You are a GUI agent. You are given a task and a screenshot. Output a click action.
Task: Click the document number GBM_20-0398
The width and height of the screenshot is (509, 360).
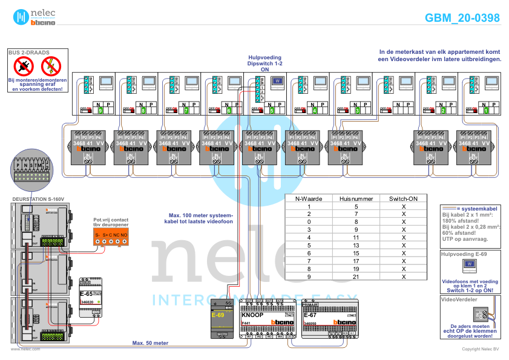(462, 18)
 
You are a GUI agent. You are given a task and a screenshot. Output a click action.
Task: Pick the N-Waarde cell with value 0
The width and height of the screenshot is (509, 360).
(309, 222)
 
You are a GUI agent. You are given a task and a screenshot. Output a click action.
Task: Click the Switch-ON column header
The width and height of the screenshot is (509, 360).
(403, 198)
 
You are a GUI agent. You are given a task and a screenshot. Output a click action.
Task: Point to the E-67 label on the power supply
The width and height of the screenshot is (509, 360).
(310, 315)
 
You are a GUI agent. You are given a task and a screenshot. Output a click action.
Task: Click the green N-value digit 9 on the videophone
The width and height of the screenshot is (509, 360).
(100, 111)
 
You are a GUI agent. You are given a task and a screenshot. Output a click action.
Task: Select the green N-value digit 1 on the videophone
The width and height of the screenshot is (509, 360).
(485, 111)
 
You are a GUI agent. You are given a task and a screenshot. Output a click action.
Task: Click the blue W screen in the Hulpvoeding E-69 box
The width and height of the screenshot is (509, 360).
(470, 264)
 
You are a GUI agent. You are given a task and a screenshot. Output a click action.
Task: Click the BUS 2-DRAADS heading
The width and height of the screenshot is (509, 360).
(29, 53)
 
